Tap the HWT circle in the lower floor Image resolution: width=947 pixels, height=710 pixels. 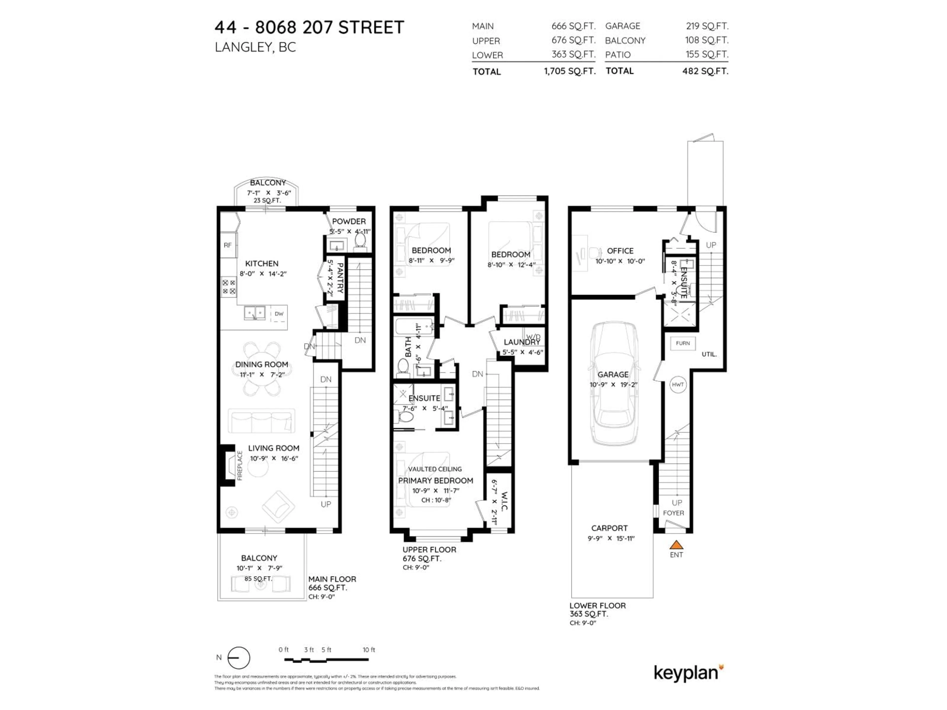pos(678,384)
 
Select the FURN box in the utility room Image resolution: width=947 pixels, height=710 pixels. pos(683,343)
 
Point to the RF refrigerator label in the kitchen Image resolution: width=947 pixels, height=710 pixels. pos(228,245)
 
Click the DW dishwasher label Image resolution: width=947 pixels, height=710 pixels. pos(279,314)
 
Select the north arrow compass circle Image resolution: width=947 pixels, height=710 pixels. pos(238,658)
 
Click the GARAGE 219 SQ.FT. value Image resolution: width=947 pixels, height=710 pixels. pos(707,26)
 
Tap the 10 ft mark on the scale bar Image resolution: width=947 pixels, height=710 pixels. pos(369,650)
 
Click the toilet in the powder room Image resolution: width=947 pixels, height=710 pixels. pos(361,241)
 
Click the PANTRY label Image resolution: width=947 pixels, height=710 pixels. pos(340,278)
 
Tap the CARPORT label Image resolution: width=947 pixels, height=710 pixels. pos(609,528)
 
